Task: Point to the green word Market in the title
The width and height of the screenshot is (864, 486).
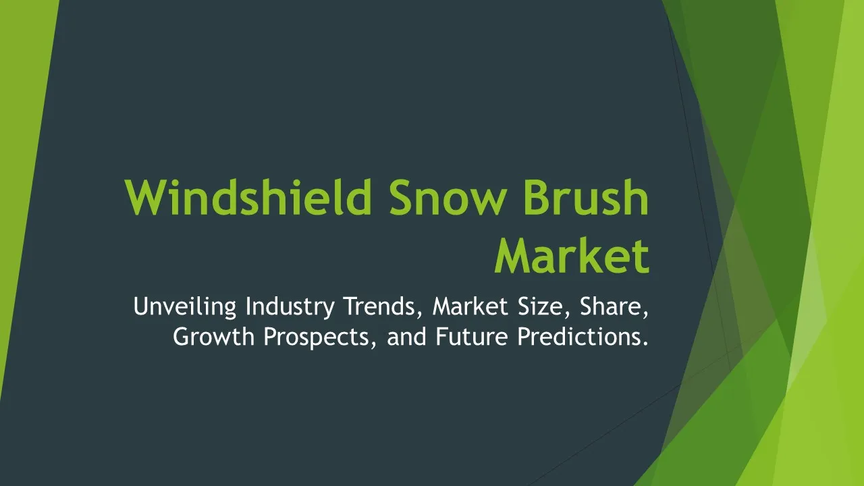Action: pyautogui.click(x=572, y=255)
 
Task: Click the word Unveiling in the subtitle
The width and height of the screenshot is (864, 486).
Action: pyautogui.click(x=185, y=307)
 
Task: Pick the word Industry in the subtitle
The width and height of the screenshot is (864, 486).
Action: pyautogui.click(x=290, y=307)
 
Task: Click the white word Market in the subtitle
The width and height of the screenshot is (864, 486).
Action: pyautogui.click(x=470, y=306)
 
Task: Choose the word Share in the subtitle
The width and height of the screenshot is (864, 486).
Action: pyautogui.click(x=610, y=306)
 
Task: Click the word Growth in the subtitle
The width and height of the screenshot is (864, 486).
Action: pyautogui.click(x=214, y=336)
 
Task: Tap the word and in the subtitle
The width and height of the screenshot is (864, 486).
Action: pyautogui.click(x=406, y=336)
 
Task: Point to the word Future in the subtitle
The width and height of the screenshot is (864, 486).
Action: pyautogui.click(x=472, y=336)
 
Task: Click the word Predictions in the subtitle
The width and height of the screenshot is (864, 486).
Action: pyautogui.click(x=578, y=336)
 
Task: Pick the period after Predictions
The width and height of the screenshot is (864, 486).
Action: pyautogui.click(x=645, y=344)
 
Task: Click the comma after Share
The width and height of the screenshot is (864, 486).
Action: pyautogui.click(x=645, y=315)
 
